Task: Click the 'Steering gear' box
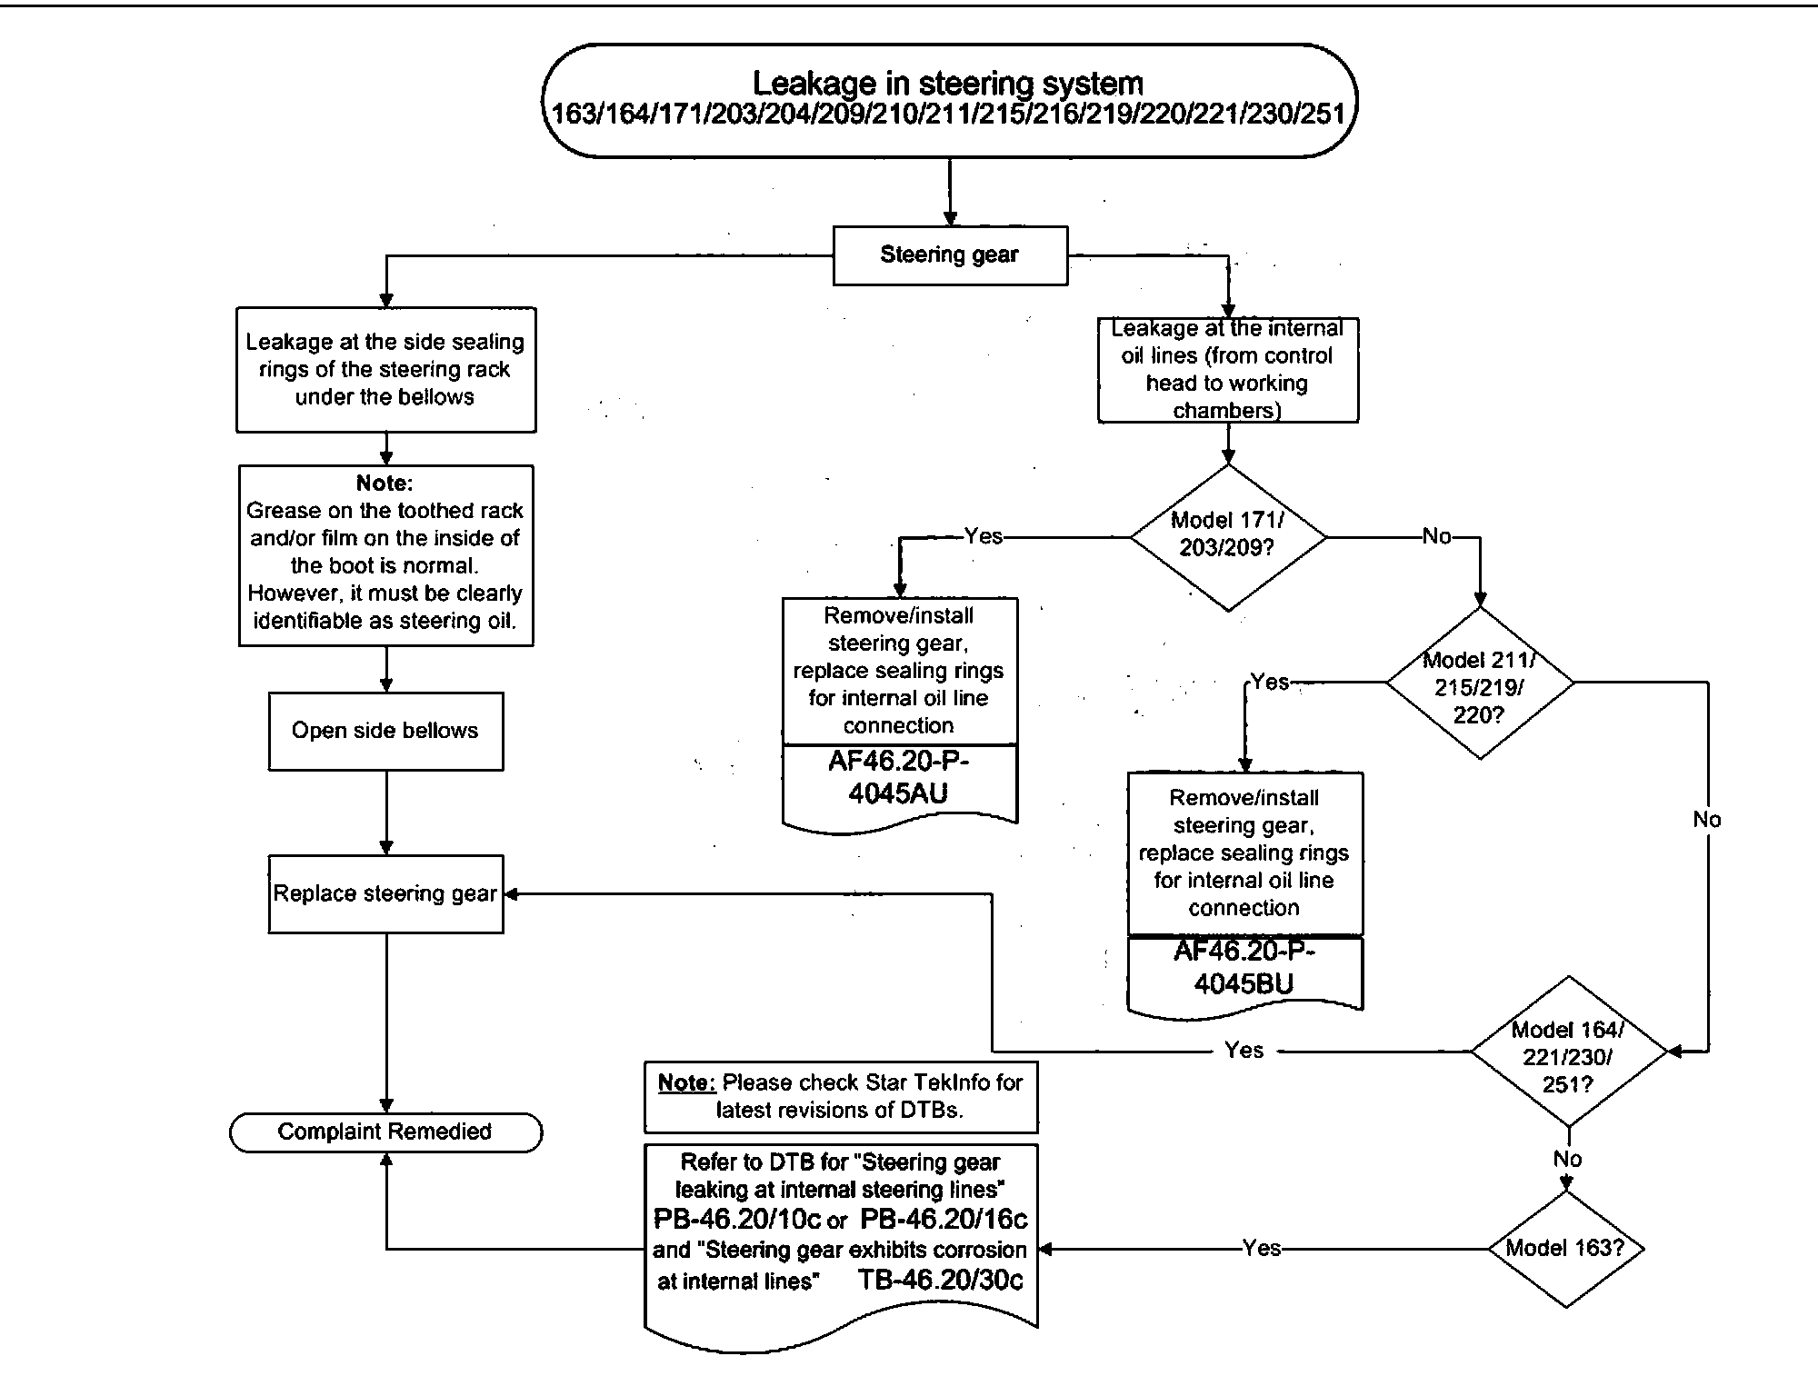(x=950, y=255)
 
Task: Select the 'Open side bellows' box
(x=385, y=732)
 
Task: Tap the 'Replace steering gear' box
(x=385, y=894)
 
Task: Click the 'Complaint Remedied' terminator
(x=385, y=1132)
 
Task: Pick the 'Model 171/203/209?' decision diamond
(x=1227, y=536)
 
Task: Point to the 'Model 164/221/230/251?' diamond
(x=1568, y=1054)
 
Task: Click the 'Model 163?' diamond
(x=1565, y=1249)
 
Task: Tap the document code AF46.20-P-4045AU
(x=899, y=778)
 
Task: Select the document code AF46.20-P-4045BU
(x=1244, y=968)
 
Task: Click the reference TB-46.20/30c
(x=941, y=1281)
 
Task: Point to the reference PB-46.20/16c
(x=944, y=1220)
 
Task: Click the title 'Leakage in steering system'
(x=948, y=84)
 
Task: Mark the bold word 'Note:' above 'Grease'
(x=385, y=484)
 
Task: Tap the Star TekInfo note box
(x=841, y=1097)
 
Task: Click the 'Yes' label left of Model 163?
(x=1262, y=1249)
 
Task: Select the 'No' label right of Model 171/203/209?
(x=1436, y=536)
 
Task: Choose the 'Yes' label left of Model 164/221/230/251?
(x=1244, y=1051)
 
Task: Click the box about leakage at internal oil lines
(x=1227, y=370)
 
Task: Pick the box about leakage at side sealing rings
(x=385, y=370)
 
